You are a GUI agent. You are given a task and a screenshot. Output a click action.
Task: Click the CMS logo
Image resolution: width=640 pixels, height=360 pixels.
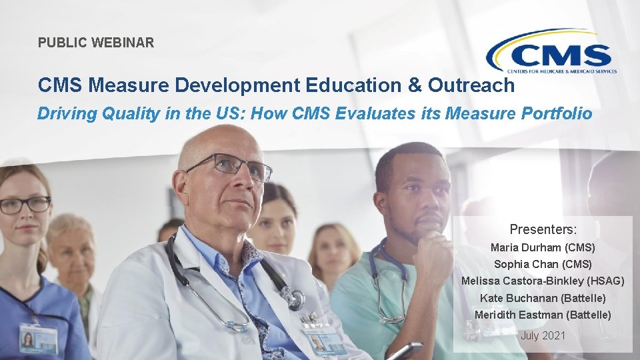[551, 51]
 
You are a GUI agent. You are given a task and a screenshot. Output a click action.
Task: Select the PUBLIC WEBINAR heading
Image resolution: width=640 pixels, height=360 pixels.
[96, 43]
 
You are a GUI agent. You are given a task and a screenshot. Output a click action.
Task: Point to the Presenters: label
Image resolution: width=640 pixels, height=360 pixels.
[543, 229]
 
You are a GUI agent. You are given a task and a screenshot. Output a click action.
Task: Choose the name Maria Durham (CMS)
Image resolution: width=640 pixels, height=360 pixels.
[543, 247]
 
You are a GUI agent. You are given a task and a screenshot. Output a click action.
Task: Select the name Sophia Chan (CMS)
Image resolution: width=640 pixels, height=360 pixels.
[543, 264]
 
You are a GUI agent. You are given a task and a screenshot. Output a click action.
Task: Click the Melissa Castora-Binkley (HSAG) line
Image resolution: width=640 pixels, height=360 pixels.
[543, 281]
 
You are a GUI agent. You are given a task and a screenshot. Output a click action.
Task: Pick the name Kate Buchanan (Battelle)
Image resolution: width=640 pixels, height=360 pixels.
[543, 298]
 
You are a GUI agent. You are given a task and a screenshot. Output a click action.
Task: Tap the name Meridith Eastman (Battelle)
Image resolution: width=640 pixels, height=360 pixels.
[543, 315]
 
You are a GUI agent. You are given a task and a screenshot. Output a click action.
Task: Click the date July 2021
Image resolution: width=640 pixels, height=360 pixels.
[543, 335]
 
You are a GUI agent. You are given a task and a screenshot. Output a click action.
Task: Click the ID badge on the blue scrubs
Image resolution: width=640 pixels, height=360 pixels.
[38, 338]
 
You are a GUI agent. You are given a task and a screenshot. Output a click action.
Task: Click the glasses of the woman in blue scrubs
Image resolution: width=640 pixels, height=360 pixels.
[25, 205]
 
